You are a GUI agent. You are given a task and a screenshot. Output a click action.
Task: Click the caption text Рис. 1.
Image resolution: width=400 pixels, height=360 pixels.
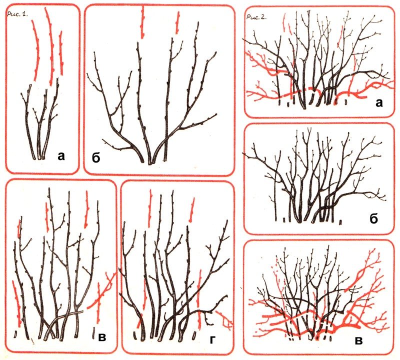[17, 14]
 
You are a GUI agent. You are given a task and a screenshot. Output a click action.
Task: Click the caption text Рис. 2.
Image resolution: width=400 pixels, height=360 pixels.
[256, 17]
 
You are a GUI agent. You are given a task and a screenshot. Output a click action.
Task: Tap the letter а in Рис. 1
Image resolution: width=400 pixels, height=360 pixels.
[61, 156]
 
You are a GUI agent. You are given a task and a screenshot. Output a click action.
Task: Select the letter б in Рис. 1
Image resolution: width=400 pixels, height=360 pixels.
[96, 158]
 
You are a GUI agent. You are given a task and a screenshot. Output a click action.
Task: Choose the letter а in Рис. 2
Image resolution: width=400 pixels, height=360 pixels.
[379, 103]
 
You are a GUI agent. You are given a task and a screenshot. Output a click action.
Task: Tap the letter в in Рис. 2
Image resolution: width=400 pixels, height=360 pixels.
[358, 341]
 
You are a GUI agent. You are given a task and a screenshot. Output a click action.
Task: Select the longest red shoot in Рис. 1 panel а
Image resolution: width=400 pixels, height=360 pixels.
[51, 46]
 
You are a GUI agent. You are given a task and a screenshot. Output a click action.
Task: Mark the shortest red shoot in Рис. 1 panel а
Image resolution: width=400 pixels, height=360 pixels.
[61, 53]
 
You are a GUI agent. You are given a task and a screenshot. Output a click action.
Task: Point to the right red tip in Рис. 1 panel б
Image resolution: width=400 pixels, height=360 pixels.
[177, 22]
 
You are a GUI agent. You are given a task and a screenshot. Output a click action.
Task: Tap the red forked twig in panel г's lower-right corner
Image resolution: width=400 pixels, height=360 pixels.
[224, 319]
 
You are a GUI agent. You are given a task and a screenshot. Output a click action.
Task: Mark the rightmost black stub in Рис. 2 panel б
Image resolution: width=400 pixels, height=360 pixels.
[340, 222]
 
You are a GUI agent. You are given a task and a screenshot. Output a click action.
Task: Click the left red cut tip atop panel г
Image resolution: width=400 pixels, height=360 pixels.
[150, 208]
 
